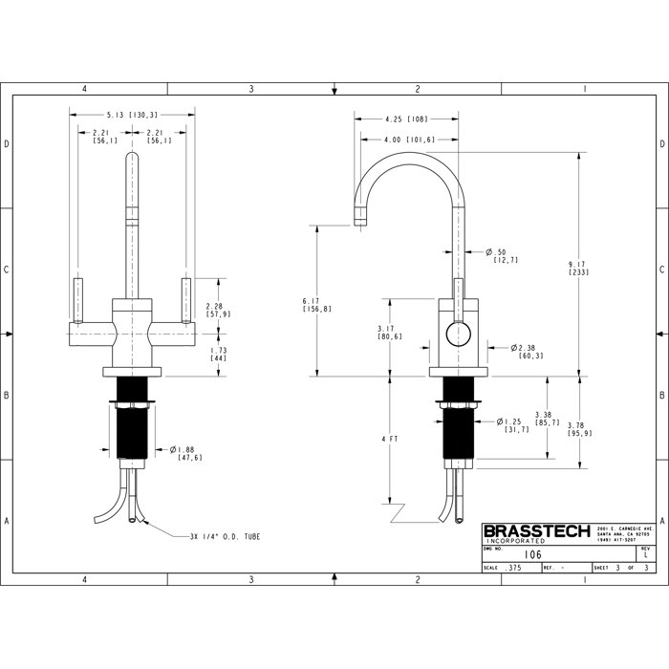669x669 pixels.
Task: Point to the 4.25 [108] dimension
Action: [406, 120]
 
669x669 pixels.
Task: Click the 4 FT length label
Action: [389, 439]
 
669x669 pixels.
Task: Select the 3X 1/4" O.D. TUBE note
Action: [225, 537]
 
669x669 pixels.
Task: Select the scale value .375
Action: [515, 568]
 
